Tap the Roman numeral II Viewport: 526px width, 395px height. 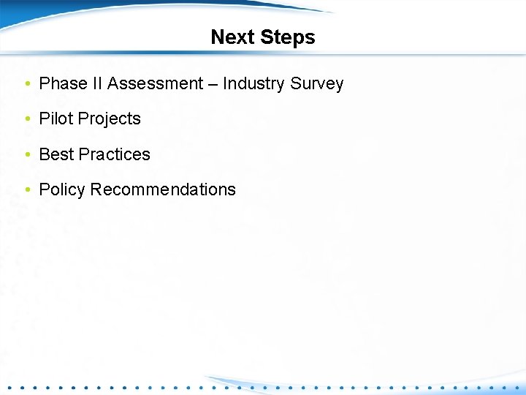click(x=98, y=83)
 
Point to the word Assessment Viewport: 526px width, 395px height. click(x=154, y=83)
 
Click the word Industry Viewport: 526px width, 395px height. click(x=254, y=83)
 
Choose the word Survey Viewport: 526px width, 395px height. click(x=317, y=83)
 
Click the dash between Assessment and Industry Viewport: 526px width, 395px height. click(x=212, y=84)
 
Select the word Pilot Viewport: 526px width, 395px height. click(x=56, y=118)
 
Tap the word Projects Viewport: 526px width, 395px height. click(x=109, y=119)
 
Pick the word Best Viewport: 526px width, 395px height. click(x=56, y=154)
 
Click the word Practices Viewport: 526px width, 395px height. click(x=114, y=154)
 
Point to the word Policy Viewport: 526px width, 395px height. click(x=62, y=189)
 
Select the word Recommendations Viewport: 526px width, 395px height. click(x=164, y=189)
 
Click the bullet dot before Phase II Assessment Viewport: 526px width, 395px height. click(x=27, y=84)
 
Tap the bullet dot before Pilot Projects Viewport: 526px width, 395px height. click(x=27, y=119)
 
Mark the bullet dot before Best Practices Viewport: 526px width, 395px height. click(x=27, y=155)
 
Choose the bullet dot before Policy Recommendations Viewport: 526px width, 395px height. click(x=27, y=190)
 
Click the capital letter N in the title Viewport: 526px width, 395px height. click(x=218, y=37)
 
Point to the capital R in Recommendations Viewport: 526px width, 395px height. click(x=96, y=189)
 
